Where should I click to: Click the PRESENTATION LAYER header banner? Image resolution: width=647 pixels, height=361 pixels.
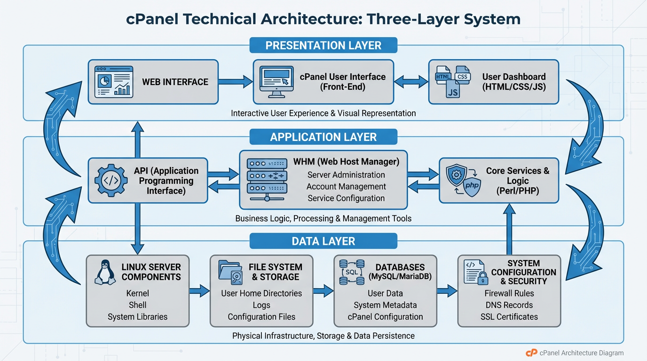[323, 46]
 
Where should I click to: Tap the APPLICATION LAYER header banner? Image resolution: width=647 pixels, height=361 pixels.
[323, 137]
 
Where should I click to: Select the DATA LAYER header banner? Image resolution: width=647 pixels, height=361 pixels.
[323, 241]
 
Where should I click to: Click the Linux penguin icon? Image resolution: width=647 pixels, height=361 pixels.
[105, 272]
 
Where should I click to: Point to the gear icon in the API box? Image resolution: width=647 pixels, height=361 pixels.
[111, 180]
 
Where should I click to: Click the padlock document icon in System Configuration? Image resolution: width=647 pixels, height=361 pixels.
[474, 272]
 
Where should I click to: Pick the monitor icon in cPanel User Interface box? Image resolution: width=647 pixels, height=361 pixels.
[276, 81]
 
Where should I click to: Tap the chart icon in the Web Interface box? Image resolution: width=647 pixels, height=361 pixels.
[112, 81]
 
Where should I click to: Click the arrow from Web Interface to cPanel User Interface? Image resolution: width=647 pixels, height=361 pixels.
[236, 82]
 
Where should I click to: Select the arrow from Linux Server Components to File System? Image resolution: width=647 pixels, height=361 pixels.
[199, 291]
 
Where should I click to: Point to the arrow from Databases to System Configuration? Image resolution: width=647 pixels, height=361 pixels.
[447, 291]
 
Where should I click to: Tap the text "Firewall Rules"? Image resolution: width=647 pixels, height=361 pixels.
[509, 293]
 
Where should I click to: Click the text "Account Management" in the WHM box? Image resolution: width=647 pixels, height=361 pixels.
[346, 187]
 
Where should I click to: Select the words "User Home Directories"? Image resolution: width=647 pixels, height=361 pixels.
[261, 293]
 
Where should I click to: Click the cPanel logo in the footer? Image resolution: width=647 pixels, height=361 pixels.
[531, 353]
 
